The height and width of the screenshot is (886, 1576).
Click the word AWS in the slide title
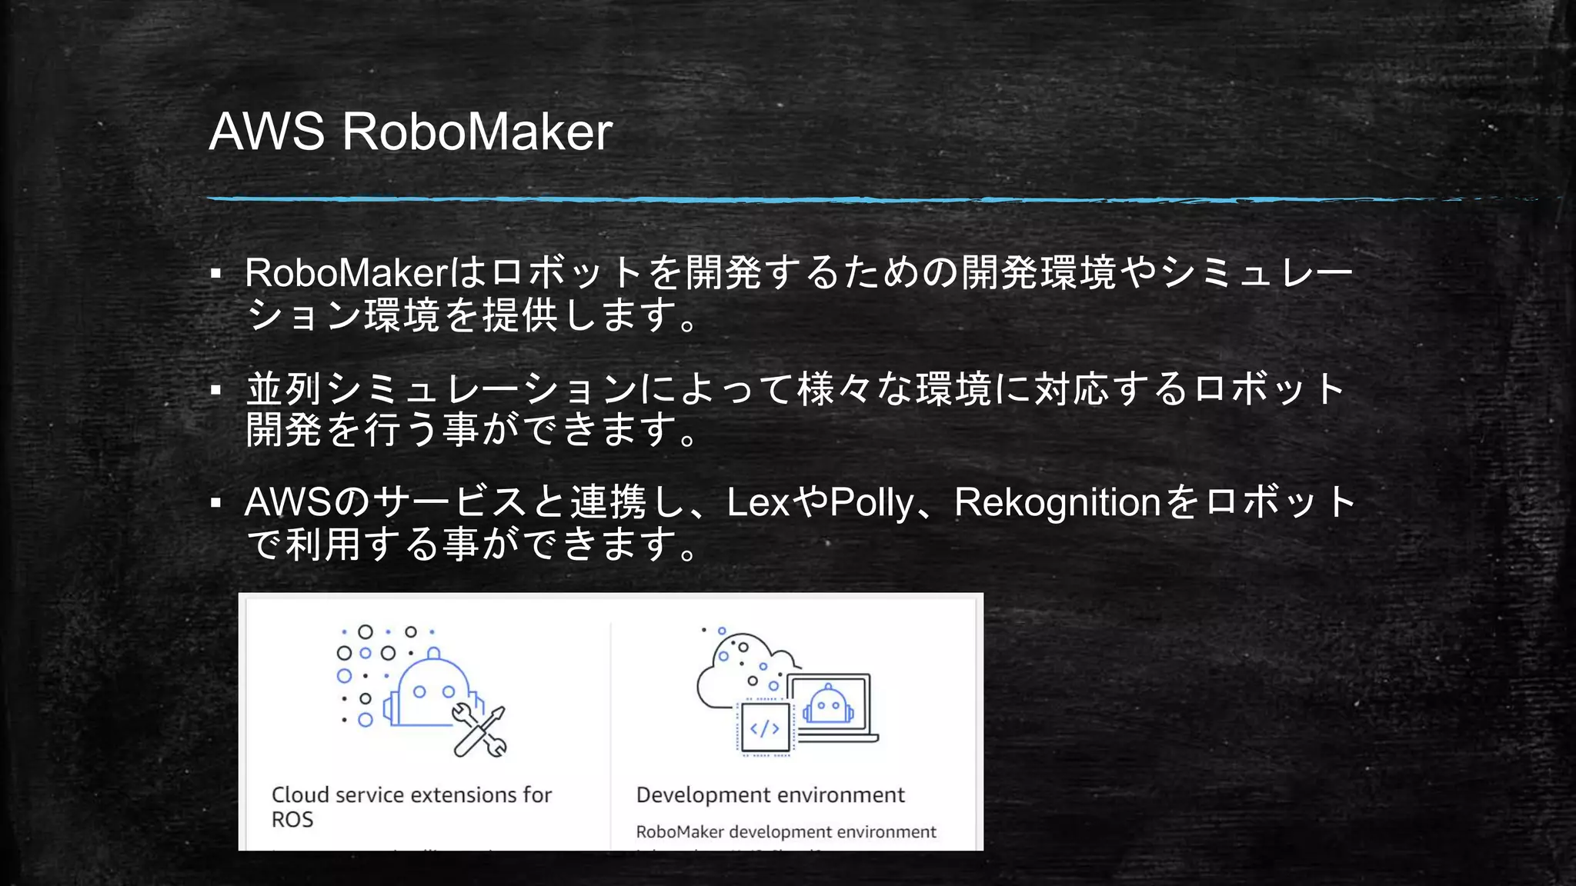pos(266,132)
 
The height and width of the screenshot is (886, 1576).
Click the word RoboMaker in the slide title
pos(477,132)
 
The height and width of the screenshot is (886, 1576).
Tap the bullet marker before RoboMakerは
pos(216,274)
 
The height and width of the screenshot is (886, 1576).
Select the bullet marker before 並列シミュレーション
pos(216,390)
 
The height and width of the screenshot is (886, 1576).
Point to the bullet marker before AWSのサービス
pos(216,504)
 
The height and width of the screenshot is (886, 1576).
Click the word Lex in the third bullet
pos(758,503)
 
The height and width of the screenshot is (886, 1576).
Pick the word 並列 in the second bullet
pos(284,388)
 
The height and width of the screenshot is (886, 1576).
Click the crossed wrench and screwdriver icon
pos(479,731)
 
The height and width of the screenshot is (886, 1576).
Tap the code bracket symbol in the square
pos(764,728)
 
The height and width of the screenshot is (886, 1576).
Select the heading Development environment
pos(770,795)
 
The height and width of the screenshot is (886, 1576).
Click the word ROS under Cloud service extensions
pos(292,820)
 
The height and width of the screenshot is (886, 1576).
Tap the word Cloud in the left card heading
pos(300,795)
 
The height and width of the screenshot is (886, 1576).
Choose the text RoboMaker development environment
pos(786,832)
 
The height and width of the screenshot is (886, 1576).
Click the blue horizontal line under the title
pos(770,199)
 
